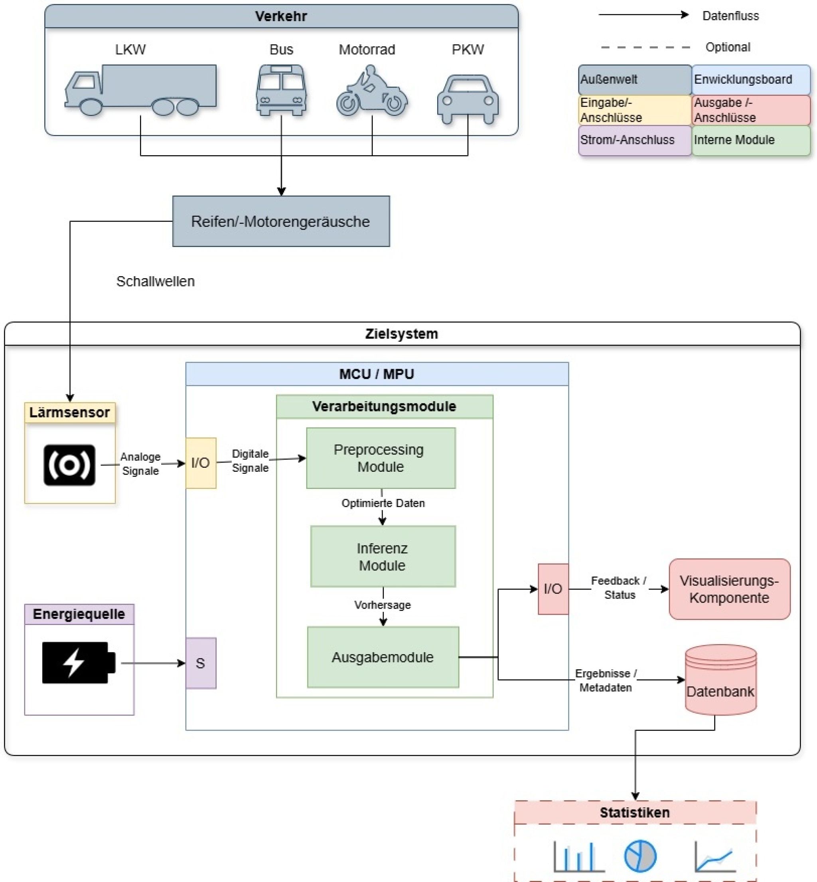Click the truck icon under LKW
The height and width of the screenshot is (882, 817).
[x=140, y=89]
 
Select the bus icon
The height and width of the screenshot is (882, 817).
[x=281, y=90]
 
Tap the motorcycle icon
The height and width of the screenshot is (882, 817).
[x=371, y=92]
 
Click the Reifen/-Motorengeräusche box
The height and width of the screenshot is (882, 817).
[x=281, y=221]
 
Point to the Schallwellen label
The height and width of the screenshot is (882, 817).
[x=155, y=281]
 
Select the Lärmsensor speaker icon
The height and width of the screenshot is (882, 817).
[x=69, y=465]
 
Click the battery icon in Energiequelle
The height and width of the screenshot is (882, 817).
[x=78, y=662]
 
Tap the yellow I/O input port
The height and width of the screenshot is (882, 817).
[x=201, y=463]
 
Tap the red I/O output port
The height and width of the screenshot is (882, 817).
[x=553, y=589]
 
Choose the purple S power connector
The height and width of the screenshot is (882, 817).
[x=201, y=663]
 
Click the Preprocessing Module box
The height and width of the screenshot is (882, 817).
[x=381, y=458]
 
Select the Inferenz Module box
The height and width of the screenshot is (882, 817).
[x=383, y=556]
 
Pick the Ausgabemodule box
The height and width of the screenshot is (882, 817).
[x=383, y=657]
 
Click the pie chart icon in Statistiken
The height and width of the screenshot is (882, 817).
[x=640, y=856]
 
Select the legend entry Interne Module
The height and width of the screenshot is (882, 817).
[x=750, y=140]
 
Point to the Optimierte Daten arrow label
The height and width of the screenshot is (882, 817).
[x=383, y=503]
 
